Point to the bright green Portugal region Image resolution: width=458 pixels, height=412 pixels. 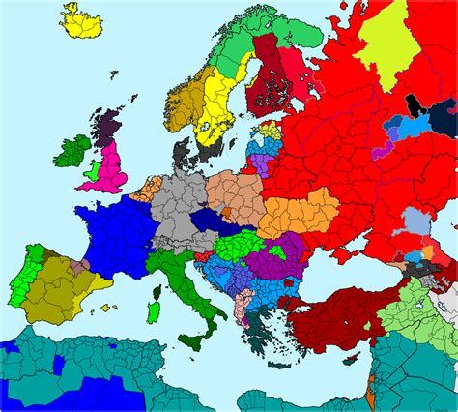pyautogui.click(x=23, y=281)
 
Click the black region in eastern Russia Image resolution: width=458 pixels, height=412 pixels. pyautogui.click(x=414, y=103)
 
